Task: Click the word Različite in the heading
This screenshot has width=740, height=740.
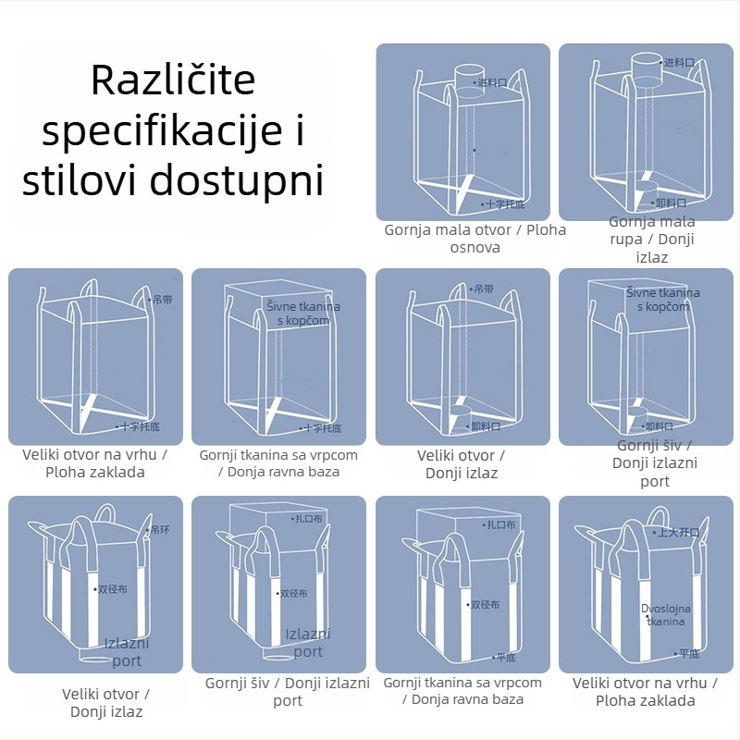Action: pos(172,80)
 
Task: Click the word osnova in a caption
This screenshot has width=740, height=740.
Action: pos(475,248)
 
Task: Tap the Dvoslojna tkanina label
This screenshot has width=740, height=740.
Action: pos(666,615)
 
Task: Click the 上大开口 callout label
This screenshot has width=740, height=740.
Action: pos(678,533)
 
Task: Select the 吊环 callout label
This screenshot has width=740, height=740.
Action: pos(160,530)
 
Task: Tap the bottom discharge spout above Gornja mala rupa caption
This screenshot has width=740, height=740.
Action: pos(639,195)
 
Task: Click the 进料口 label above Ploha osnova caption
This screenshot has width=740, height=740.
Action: pos(493,82)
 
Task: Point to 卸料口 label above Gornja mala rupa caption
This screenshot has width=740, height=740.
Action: pos(671,203)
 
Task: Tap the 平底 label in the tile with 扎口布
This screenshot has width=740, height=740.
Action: pos(505,658)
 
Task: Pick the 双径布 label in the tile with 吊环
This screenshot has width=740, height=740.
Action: pos(111,588)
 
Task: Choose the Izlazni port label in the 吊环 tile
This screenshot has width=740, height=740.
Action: pos(127,652)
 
